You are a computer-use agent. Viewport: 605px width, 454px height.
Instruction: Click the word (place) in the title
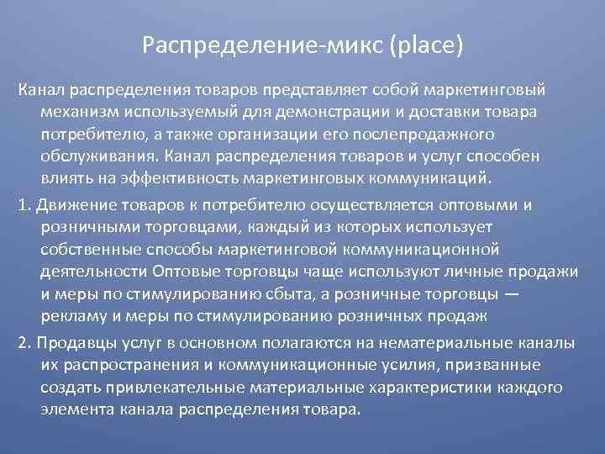click(x=426, y=42)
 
